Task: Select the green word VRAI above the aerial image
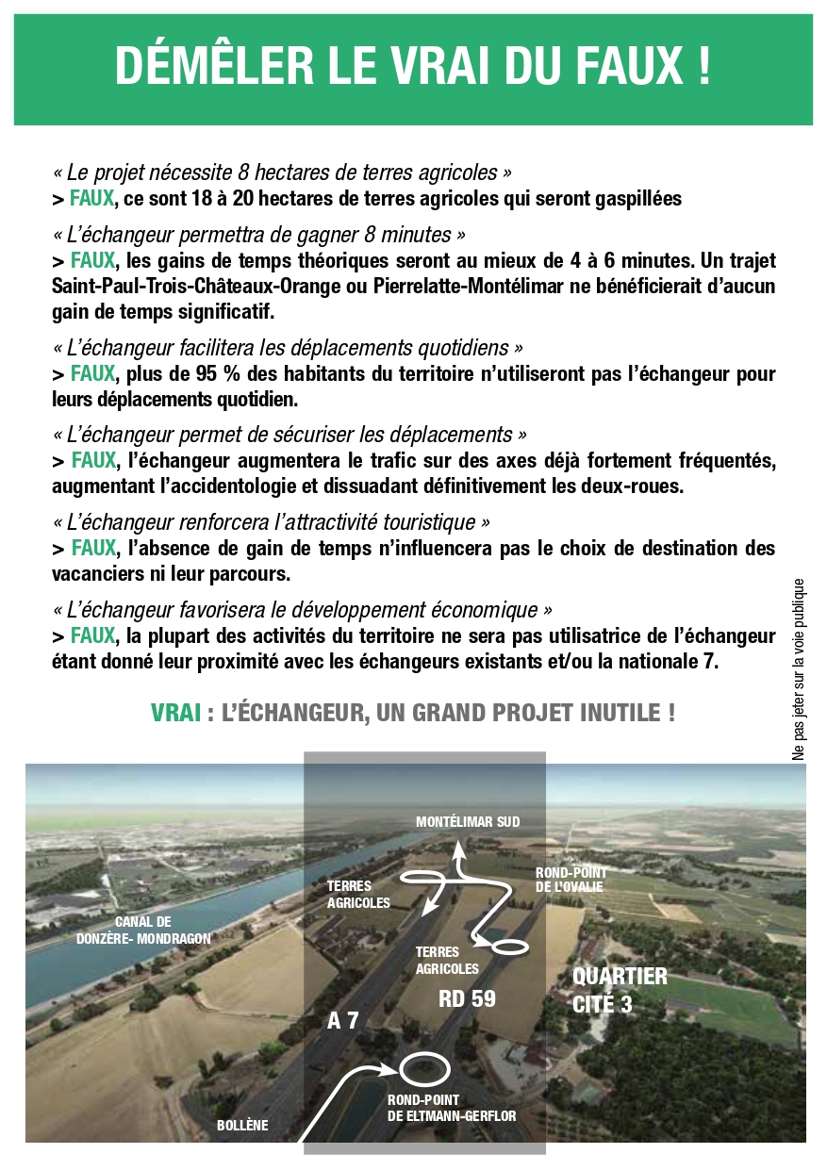pos(175,713)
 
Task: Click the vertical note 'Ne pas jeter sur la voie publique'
pos(799,669)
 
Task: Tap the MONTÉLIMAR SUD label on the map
pos(468,822)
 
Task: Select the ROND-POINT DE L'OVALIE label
pos(571,880)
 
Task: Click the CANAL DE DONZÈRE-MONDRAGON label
pos(143,930)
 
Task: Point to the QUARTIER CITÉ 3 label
pos(620,990)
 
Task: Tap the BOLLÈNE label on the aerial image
pos(242,1125)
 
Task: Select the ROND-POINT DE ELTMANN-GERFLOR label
pos(452,1108)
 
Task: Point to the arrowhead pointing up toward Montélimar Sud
pos(459,850)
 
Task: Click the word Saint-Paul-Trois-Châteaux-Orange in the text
pos(182,287)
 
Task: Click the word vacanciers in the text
pos(95,574)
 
